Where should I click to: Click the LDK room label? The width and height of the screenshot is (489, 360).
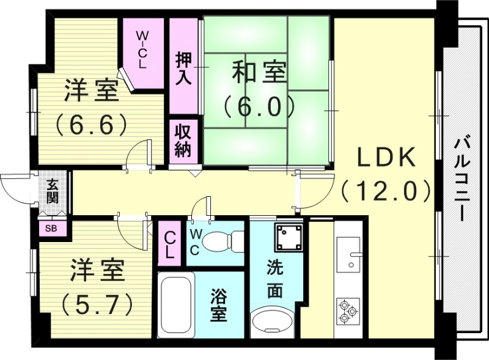pos(386,158)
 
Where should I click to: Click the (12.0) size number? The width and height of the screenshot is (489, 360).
pos(386,191)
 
